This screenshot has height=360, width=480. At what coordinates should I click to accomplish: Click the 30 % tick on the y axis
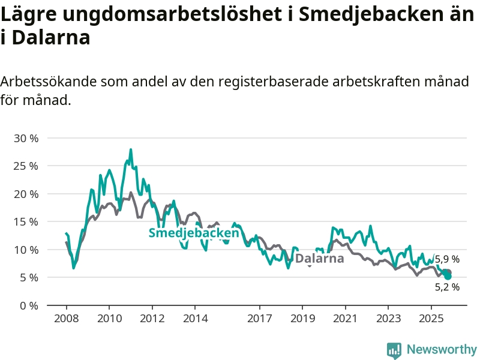pos(26,138)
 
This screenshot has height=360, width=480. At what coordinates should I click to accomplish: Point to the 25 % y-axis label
pos(26,166)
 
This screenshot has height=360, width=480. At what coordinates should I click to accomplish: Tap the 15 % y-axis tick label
pos(26,221)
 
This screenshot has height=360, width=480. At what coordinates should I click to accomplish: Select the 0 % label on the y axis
pos(29,305)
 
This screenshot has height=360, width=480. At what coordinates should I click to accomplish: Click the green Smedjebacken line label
pos(194,233)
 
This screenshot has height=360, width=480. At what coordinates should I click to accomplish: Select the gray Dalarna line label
pos(320,259)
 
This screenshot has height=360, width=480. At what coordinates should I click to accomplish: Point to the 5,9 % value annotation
pos(447,259)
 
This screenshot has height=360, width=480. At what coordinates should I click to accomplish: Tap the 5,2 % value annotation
pos(447,287)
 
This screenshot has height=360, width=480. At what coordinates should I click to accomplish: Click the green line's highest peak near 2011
pos(131,149)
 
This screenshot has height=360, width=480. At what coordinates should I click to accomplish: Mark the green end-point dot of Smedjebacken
pos(448,276)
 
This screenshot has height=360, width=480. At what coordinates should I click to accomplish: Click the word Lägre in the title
pos(31,15)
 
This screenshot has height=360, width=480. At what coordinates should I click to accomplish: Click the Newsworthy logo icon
pos(394,350)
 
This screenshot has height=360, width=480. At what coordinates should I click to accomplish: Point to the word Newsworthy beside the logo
pos(442,349)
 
